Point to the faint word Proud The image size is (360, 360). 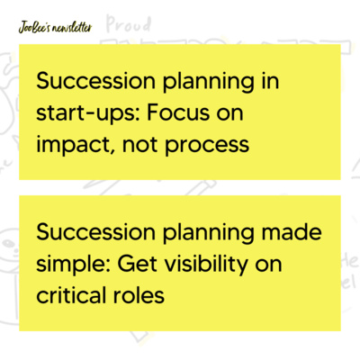point(126,24)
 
